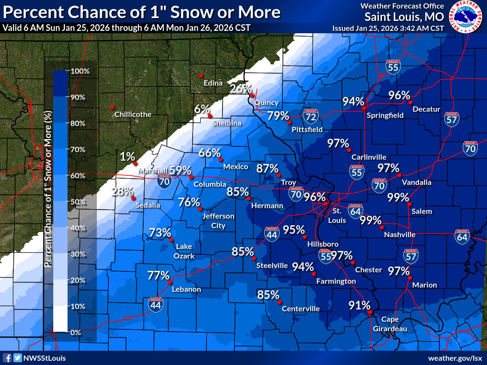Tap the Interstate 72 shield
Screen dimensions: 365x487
[311, 115]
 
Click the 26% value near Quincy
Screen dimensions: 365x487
[241, 88]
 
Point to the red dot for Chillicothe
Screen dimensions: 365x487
[112, 107]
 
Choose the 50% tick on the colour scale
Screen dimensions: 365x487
[78, 202]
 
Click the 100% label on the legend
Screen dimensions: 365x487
[80, 71]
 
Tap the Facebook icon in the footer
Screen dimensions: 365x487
[7, 358]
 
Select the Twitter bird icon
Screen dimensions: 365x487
[18, 358]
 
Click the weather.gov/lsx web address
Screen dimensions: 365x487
[455, 358]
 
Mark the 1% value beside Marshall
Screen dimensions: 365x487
[127, 156]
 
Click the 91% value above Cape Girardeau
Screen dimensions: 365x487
[359, 305]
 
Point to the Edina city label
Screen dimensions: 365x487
[213, 83]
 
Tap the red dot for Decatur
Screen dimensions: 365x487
[409, 102]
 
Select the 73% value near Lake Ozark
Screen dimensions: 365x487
[160, 232]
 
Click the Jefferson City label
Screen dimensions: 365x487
[218, 221]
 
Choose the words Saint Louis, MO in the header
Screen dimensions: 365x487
[404, 17]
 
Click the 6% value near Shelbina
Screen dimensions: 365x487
[202, 109]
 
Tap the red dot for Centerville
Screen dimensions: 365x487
[280, 302]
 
